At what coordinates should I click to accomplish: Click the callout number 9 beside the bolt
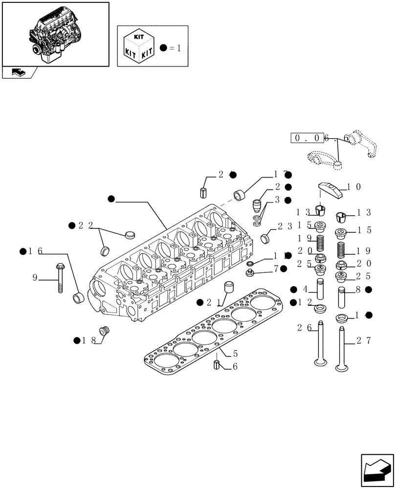click(35, 278)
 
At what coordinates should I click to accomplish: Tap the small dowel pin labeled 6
click(217, 364)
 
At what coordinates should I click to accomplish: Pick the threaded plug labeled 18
click(103, 332)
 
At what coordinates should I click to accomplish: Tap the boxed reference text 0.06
click(311, 138)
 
